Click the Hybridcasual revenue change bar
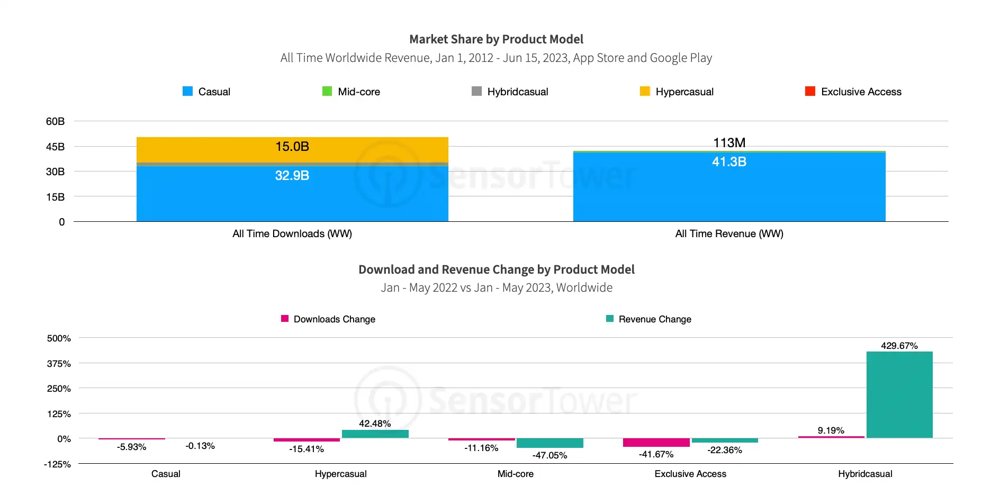(x=899, y=395)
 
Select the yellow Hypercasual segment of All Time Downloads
(x=292, y=150)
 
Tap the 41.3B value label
(x=729, y=162)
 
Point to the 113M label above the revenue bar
(x=729, y=143)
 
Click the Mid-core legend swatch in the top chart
(x=327, y=91)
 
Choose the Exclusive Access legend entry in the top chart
(x=853, y=92)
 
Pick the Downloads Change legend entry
(x=328, y=319)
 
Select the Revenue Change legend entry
(x=648, y=319)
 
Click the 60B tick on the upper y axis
(x=55, y=121)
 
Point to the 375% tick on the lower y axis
(x=59, y=364)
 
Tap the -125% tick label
(x=57, y=464)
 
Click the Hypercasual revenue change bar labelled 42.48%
(x=375, y=434)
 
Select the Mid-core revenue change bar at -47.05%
(x=550, y=443)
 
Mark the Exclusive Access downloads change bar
(x=656, y=443)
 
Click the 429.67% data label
(x=899, y=346)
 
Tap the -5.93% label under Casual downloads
(x=132, y=447)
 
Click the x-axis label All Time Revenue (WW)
(x=729, y=233)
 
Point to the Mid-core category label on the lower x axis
(x=516, y=474)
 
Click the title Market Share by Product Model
(x=497, y=39)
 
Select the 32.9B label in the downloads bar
(x=292, y=176)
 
